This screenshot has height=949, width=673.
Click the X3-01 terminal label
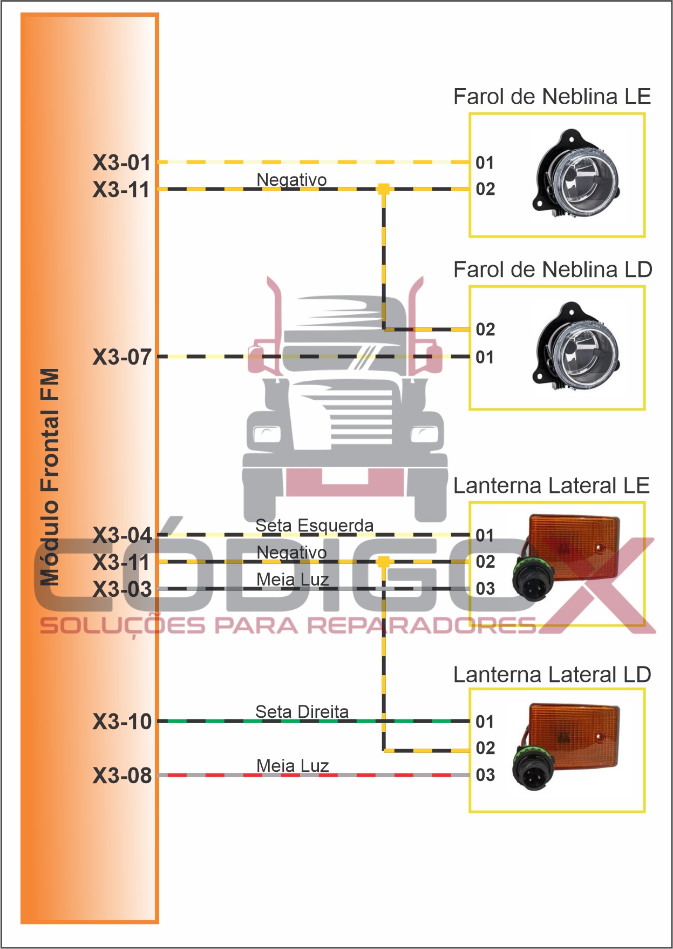tap(121, 163)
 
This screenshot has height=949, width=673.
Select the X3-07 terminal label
tap(122, 357)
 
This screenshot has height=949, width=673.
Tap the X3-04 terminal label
tap(122, 535)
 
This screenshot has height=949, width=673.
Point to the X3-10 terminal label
tap(122, 722)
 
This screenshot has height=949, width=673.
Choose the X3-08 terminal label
tap(122, 776)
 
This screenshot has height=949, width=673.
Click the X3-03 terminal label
tap(122, 589)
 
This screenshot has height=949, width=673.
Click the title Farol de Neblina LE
tap(552, 97)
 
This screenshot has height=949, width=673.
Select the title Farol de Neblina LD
tap(553, 270)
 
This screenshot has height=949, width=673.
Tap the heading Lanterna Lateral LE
tap(551, 486)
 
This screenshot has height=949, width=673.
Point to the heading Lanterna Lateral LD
tap(552, 675)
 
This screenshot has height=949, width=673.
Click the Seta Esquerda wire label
tap(314, 525)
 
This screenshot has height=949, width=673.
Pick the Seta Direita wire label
tap(302, 711)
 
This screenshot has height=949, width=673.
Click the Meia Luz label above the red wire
tap(293, 765)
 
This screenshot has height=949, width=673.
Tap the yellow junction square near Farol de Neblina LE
tap(384, 189)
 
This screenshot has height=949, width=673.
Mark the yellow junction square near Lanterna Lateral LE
tap(384, 562)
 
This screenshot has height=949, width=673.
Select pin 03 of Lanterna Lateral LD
tap(485, 775)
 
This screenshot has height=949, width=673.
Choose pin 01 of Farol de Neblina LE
tap(485, 163)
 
